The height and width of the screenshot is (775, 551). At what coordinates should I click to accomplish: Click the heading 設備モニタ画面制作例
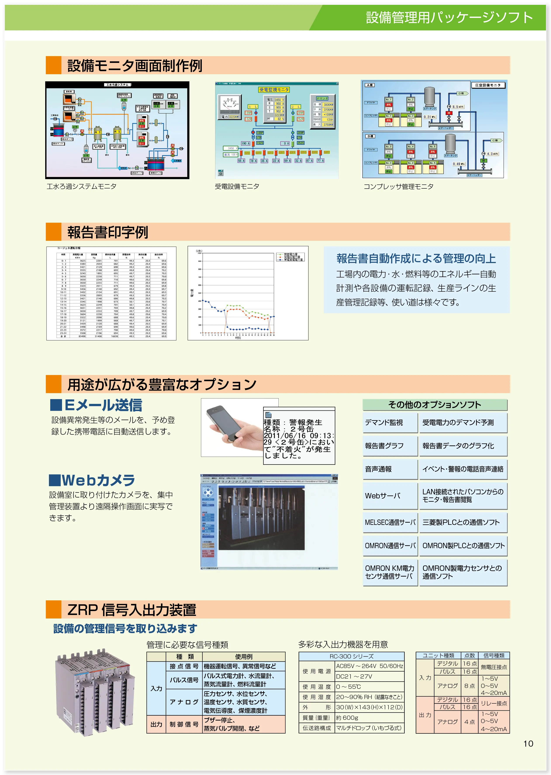[135, 65]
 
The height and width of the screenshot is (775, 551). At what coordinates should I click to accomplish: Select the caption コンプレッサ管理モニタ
[398, 186]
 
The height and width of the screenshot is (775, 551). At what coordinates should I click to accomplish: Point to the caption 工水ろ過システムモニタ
[81, 186]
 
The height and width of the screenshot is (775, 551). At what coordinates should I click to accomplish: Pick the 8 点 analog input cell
[470, 685]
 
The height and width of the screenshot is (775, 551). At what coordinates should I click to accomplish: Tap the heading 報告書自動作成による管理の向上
[416, 258]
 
